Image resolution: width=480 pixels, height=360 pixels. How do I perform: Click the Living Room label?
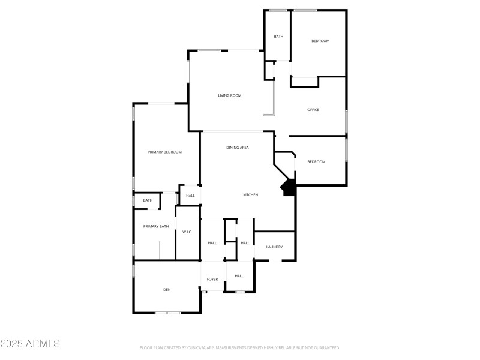pos(229,95)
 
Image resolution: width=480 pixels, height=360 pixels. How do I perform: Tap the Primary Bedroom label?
pos(164,152)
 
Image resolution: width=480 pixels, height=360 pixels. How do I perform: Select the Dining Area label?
pos(238,148)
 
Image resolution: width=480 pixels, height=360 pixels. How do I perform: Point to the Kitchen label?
pos(251,195)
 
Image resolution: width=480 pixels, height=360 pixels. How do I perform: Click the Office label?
pos(313,110)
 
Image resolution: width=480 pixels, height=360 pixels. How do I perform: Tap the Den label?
pos(167,290)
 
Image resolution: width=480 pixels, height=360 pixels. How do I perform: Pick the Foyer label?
pos(212,280)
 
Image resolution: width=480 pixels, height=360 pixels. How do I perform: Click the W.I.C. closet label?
pos(187,232)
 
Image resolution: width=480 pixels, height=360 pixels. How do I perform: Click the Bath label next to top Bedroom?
pos(278,37)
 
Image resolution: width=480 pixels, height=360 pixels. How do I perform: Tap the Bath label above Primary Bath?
pos(148,200)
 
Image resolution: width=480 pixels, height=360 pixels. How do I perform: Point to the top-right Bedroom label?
pos(320,41)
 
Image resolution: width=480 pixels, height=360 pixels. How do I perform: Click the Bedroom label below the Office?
pos(316,162)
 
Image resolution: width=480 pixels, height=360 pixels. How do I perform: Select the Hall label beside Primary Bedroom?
pos(190,196)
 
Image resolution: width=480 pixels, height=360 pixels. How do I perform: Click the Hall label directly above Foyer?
pos(212,243)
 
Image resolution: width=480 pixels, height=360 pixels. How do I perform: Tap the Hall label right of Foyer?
pos(239,276)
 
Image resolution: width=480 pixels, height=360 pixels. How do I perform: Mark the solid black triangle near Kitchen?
pos(289,188)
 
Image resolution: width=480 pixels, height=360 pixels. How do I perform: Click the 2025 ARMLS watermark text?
pos(30,344)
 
